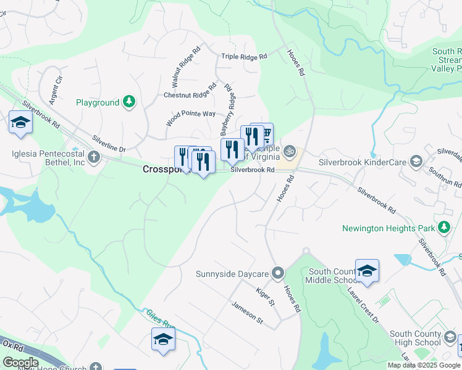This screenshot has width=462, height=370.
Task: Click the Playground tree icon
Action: coord(129,102)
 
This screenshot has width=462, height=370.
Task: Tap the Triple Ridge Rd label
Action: coord(244,56)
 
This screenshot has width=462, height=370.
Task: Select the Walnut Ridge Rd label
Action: coord(186,67)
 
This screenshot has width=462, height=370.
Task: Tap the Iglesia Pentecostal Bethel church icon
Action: coord(93,156)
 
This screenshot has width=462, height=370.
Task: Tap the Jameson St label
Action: coord(247,312)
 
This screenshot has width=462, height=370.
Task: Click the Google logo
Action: coord(20,362)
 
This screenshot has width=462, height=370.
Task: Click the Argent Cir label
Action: coord(56,89)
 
